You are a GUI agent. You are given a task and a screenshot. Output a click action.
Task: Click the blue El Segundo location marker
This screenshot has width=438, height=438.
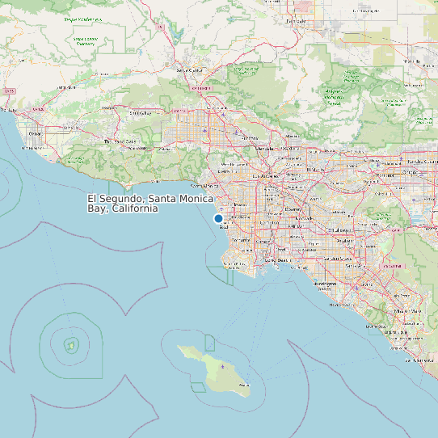click(x=218, y=218)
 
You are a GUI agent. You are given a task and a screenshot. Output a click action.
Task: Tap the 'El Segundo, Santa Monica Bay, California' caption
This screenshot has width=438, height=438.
click(x=150, y=203)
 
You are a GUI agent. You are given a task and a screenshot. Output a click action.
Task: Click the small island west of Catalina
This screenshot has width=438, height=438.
click(x=70, y=345)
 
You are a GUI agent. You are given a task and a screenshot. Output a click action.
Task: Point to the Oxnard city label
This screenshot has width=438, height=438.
click(x=35, y=133)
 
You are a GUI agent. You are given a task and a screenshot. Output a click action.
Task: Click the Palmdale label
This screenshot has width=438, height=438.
click(x=298, y=21)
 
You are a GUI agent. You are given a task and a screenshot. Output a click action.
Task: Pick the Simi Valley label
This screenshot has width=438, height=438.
click(x=141, y=113)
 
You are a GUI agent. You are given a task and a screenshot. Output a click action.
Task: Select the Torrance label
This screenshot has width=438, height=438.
click(x=241, y=240)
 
